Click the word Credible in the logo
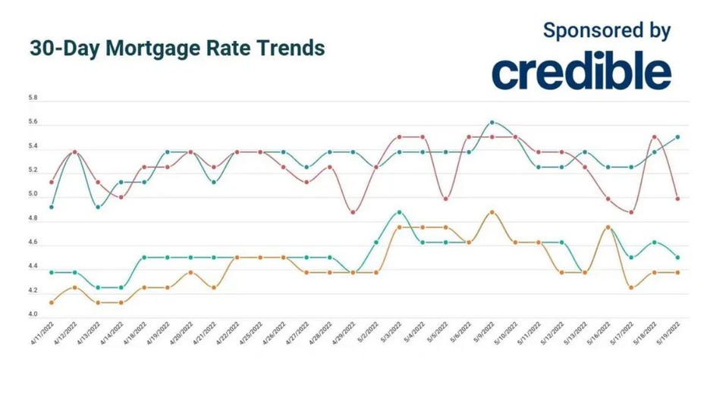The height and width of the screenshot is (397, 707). point(581,72)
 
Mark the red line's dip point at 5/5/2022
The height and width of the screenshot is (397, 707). point(446,199)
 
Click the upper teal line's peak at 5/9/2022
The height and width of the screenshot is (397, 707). point(492,122)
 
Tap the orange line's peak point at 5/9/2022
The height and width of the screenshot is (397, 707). point(492,212)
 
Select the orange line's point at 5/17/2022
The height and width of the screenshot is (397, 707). point(631,287)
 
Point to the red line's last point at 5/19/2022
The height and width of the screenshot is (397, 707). point(677,199)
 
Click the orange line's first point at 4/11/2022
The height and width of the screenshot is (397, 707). point(52,302)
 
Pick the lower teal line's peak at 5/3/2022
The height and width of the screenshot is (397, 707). point(400,212)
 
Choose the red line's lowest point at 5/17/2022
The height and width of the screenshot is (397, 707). point(631,212)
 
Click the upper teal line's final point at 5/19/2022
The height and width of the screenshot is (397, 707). point(677,137)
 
